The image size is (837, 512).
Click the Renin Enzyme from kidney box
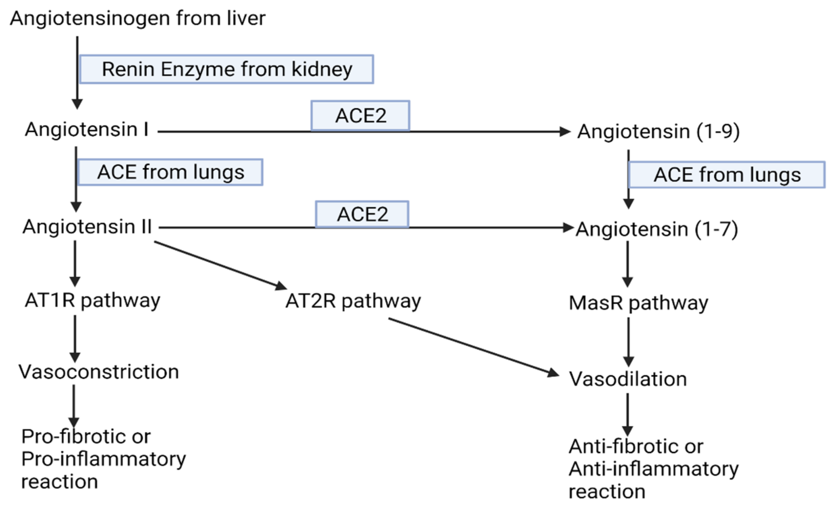pyautogui.click(x=227, y=69)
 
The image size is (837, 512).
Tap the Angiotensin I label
pyautogui.click(x=87, y=130)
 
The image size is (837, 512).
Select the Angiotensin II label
pyautogui.click(x=87, y=227)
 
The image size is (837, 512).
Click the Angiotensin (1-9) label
pyautogui.click(x=658, y=132)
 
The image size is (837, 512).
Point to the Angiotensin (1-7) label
pyautogui.click(x=657, y=229)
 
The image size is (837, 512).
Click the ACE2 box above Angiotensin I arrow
pyautogui.click(x=360, y=116)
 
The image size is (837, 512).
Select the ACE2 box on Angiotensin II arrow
pyautogui.click(x=362, y=214)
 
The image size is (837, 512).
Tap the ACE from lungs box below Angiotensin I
pyautogui.click(x=170, y=172)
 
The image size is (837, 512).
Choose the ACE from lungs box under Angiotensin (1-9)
pyautogui.click(x=727, y=175)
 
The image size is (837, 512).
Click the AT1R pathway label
pyautogui.click(x=92, y=301)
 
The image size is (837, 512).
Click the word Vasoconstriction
pyautogui.click(x=98, y=372)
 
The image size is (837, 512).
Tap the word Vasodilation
pyautogui.click(x=628, y=379)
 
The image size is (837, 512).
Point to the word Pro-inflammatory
pyautogui.click(x=104, y=459)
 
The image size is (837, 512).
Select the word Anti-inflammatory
pyautogui.click(x=653, y=469)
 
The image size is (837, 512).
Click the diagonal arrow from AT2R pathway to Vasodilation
pyautogui.click(x=472, y=347)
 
